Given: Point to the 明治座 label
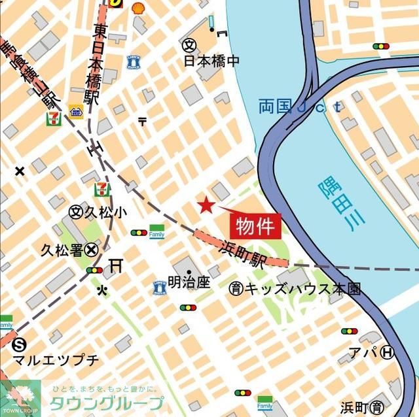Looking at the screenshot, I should click(x=189, y=282).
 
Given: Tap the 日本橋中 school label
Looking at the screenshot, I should click(x=211, y=61).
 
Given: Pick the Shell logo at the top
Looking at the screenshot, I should click(x=137, y=7).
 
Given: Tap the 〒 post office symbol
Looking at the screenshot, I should click(x=143, y=121).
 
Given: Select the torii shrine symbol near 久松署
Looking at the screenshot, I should click(x=117, y=265).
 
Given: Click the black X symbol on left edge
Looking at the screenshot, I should click(x=20, y=171).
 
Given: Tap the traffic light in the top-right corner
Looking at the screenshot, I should click(x=381, y=46).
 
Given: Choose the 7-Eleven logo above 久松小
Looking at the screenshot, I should click(x=102, y=190).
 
